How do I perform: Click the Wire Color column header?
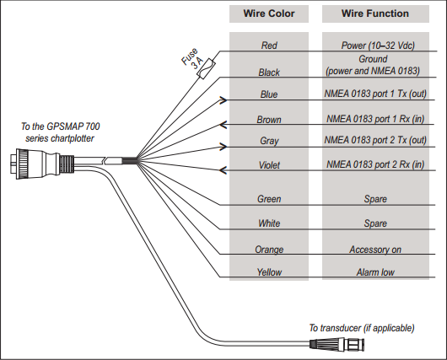click(269, 13)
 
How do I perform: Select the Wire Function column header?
click(375, 13)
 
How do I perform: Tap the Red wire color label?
click(269, 45)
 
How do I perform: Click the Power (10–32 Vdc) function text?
click(378, 45)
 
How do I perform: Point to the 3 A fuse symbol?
click(206, 68)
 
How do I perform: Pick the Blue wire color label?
click(269, 94)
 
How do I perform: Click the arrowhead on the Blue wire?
click(223, 99)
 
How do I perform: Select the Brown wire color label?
click(269, 120)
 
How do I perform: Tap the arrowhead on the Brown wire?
click(223, 125)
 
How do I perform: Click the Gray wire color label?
click(269, 141)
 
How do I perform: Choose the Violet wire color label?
click(269, 164)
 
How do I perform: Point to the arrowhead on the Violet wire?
click(223, 170)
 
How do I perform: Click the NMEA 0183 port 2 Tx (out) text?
click(375, 140)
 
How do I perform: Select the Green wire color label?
click(269, 199)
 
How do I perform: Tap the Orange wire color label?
click(269, 250)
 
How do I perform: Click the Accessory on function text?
click(375, 250)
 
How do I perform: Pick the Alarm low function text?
click(375, 272)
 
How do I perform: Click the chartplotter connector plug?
click(42, 164)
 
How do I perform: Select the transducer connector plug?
click(337, 343)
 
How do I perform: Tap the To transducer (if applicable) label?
click(362, 328)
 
